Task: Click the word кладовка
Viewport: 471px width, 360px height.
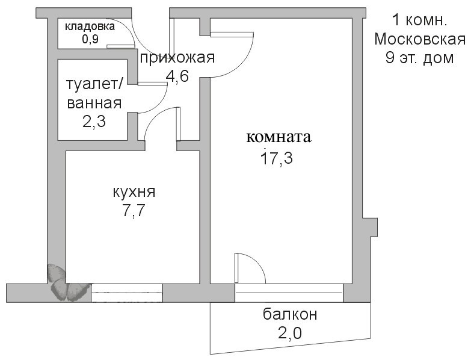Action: (90, 26)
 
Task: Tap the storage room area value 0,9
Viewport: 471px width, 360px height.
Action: (90, 39)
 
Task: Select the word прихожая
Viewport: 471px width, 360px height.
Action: (177, 57)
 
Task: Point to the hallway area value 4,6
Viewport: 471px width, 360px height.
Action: (177, 76)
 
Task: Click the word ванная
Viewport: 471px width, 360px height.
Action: (94, 103)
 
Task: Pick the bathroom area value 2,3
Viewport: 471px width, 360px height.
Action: (94, 122)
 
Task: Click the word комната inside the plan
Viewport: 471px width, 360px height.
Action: (279, 137)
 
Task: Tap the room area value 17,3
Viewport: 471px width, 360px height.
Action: (277, 158)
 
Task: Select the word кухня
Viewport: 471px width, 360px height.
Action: (134, 191)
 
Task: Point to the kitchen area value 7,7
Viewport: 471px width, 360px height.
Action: (134, 210)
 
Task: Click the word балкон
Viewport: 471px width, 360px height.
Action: (290, 314)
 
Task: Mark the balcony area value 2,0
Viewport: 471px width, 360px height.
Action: (290, 333)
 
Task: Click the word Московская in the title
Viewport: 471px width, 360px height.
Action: (420, 39)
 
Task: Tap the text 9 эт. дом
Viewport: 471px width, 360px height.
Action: (419, 58)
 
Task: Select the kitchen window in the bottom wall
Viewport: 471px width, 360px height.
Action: (126, 293)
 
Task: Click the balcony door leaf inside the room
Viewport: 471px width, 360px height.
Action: (236, 268)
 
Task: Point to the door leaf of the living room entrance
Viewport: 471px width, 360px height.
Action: (232, 34)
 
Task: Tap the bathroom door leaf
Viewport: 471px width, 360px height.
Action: (152, 84)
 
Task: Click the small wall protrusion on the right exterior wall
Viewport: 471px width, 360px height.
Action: (369, 227)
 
